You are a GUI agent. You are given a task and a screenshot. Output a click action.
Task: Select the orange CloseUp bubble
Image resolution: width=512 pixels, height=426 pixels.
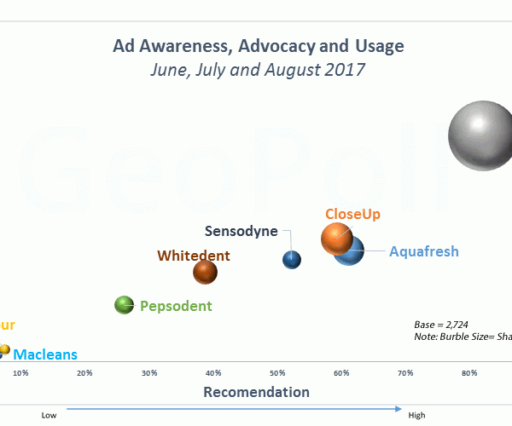(337, 238)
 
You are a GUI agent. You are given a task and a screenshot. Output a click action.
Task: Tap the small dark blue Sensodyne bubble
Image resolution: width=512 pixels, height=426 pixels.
(292, 260)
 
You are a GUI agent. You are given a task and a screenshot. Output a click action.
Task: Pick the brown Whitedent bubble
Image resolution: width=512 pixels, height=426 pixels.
(205, 272)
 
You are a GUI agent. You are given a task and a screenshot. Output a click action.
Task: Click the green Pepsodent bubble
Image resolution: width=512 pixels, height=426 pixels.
(125, 304)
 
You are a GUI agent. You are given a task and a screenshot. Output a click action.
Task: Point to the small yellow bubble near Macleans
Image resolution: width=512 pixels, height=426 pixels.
(3, 350)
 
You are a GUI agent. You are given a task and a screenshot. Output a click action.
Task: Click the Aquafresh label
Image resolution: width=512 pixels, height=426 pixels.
(424, 251)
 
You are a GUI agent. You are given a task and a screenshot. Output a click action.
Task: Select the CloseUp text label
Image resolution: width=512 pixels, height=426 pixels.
(352, 214)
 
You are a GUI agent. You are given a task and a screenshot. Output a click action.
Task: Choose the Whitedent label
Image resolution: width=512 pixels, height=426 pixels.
(194, 255)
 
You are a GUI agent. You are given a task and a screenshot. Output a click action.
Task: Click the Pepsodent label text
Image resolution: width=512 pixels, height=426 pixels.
(176, 306)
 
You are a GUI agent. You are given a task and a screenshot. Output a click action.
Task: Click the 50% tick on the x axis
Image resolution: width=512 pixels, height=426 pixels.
(277, 373)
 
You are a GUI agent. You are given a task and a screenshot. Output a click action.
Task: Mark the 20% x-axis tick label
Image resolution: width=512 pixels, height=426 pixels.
(84, 373)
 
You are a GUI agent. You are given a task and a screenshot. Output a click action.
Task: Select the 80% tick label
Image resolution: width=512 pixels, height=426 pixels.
(468, 373)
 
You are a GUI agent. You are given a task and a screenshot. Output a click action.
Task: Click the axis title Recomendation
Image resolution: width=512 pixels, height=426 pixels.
(256, 392)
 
